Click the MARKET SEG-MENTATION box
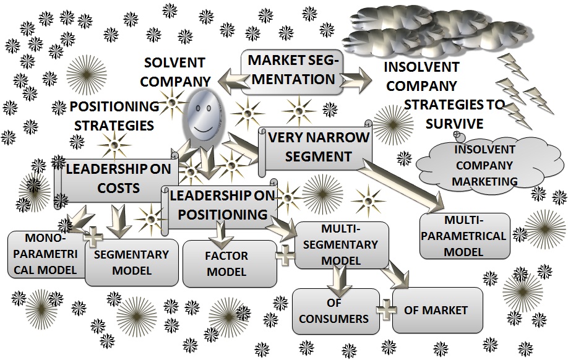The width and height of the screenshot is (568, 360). (293, 72)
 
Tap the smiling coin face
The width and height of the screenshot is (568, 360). (203, 116)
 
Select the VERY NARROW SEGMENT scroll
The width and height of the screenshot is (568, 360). (315, 147)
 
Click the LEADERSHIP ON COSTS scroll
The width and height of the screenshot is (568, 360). (117, 180)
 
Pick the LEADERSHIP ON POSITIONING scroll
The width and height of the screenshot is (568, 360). (220, 205)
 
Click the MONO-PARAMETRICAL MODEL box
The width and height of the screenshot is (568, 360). (45, 254)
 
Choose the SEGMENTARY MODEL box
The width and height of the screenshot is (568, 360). (132, 262)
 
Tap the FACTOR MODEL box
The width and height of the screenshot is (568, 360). (230, 264)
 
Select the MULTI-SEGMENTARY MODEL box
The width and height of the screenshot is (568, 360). (342, 245)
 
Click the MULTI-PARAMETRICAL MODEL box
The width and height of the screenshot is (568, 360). (465, 236)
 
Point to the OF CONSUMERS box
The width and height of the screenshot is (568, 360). (336, 311)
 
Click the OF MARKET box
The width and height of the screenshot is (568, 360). (437, 310)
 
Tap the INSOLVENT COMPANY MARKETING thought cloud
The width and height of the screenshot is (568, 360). (489, 165)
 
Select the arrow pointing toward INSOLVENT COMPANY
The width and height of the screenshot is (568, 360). (356, 80)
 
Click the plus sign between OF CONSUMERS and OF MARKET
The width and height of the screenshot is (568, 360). (386, 310)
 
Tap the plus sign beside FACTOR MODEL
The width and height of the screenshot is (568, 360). (285, 255)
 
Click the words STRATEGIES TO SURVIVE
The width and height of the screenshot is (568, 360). (454, 114)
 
